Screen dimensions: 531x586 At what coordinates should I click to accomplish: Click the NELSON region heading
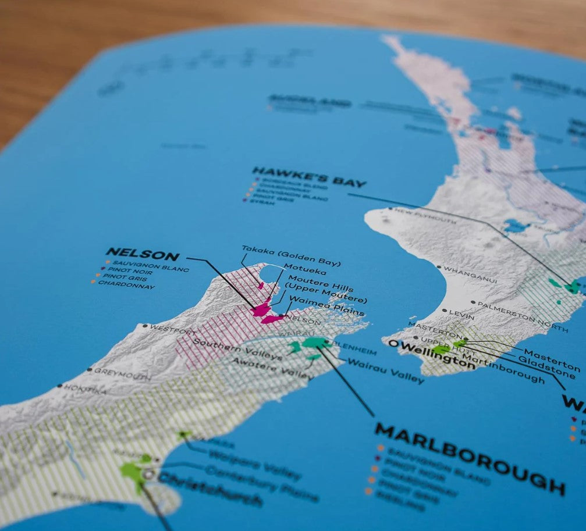pos(142,254)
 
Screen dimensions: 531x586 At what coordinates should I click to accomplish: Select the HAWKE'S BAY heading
pos(309,176)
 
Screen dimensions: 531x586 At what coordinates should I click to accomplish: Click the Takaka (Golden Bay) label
pos(291,255)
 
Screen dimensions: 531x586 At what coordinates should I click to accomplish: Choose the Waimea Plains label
pos(326,307)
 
